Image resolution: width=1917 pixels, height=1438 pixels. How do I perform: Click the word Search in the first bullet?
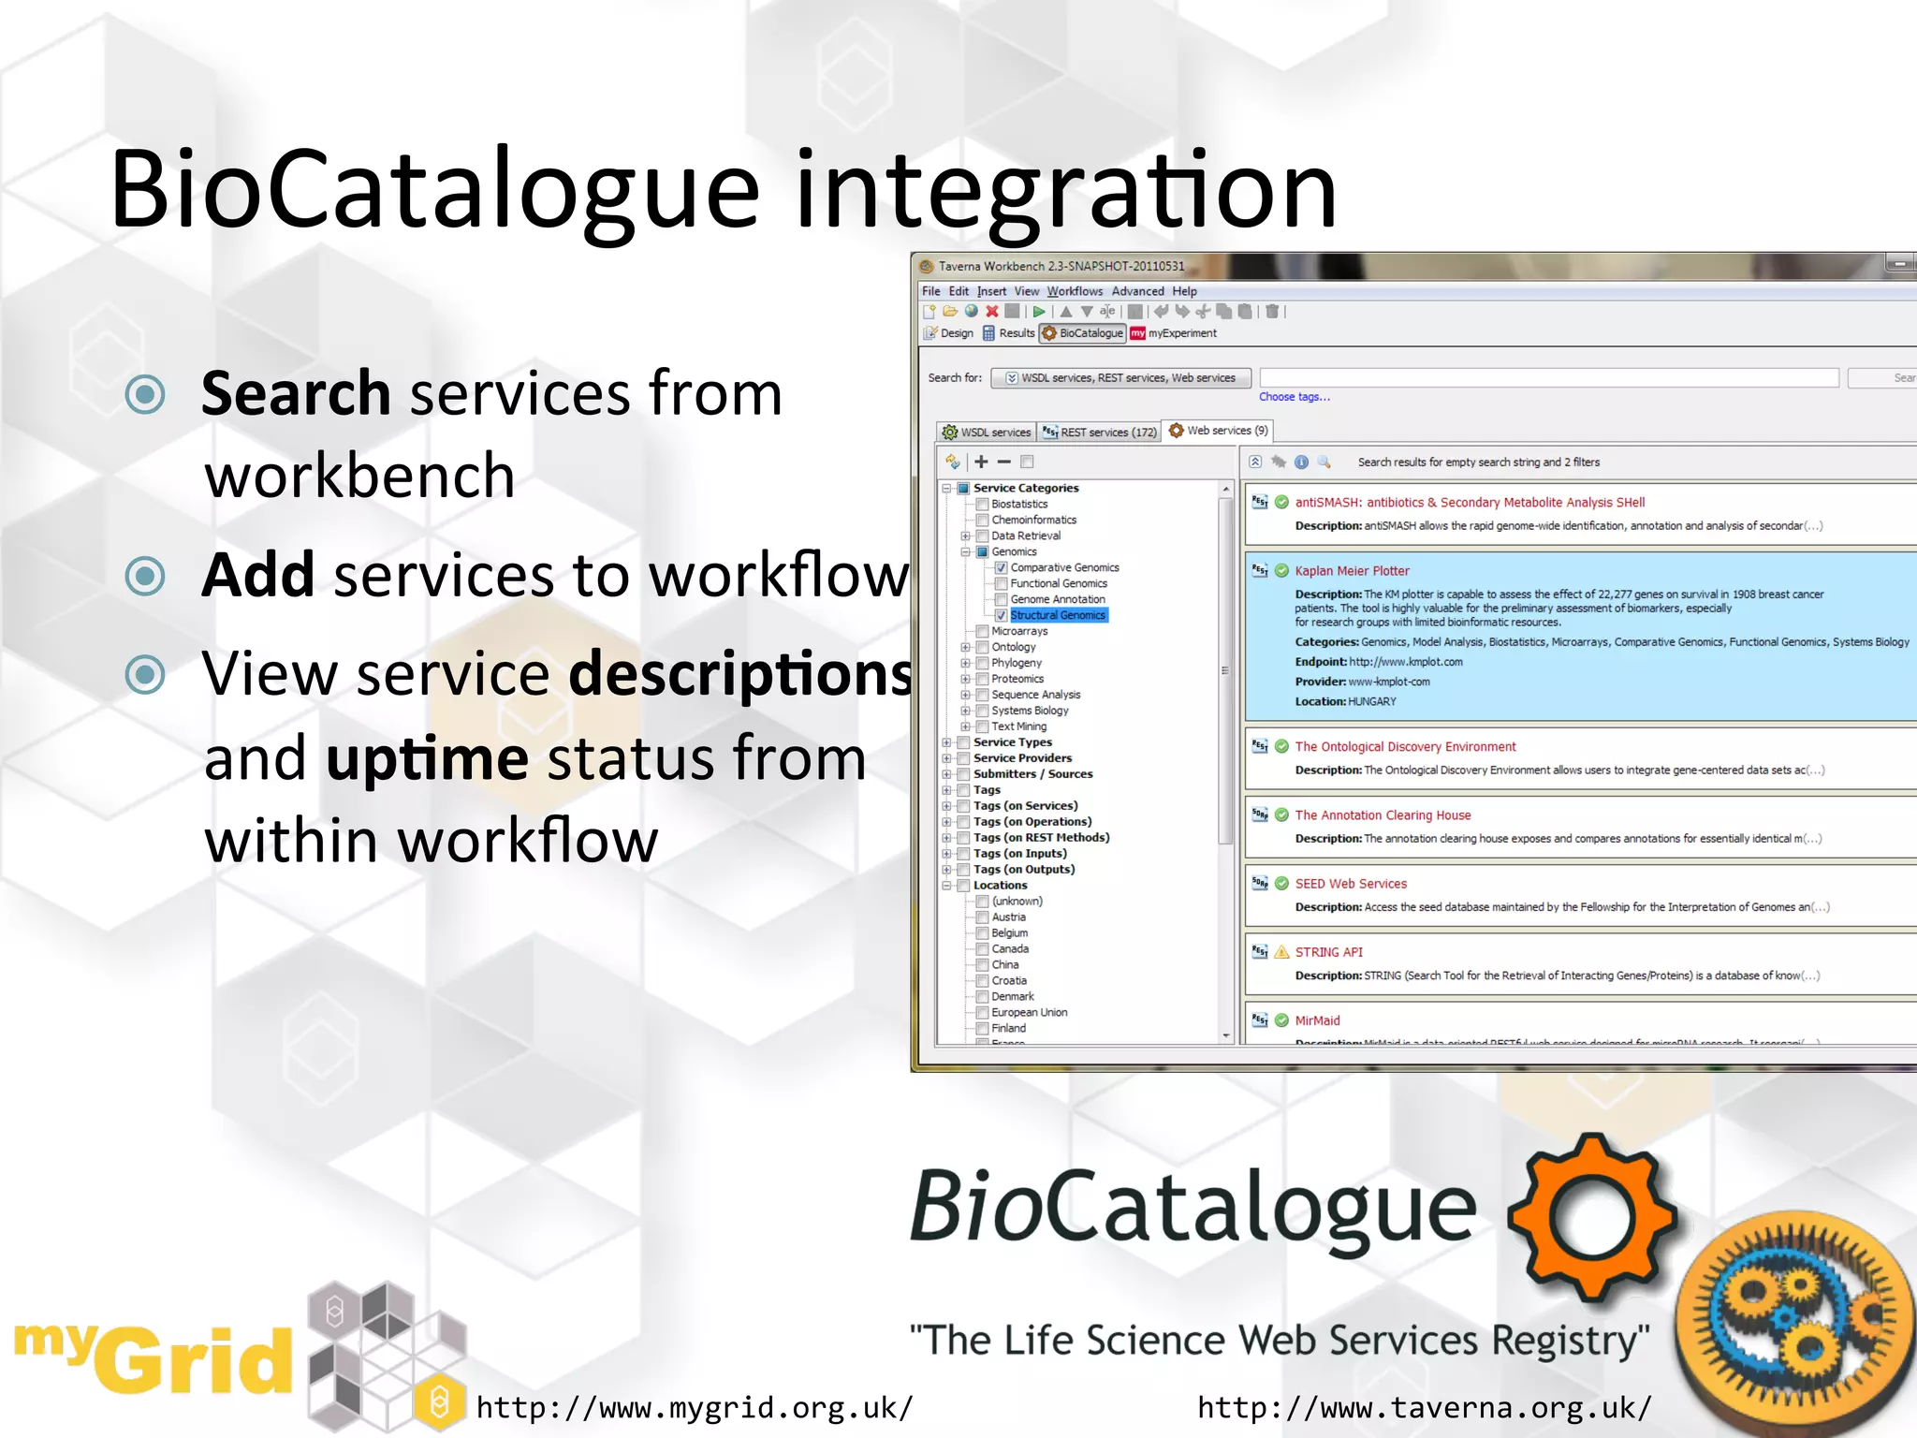pyautogui.click(x=295, y=393)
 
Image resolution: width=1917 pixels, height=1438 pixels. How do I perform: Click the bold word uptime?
pyautogui.click(x=427, y=758)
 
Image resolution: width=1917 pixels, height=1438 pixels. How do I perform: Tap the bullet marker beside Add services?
pyautogui.click(x=145, y=575)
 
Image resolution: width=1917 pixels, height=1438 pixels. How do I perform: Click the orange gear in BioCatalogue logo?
pyautogui.click(x=1591, y=1216)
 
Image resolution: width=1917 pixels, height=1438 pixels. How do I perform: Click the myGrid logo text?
pyautogui.click(x=154, y=1357)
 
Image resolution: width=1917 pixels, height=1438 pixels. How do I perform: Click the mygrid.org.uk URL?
pyautogui.click(x=694, y=1407)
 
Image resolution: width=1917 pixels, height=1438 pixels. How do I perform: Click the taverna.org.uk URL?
pyautogui.click(x=1424, y=1407)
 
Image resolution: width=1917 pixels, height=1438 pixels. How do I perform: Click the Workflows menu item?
pyautogui.click(x=1074, y=291)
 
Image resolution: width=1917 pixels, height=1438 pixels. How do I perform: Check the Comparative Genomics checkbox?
pyautogui.click(x=1001, y=567)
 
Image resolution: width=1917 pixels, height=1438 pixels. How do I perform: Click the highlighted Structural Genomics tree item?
pyautogui.click(x=1057, y=615)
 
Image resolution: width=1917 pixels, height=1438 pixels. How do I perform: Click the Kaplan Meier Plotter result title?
pyautogui.click(x=1351, y=570)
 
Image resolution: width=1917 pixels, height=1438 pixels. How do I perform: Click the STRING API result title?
pyautogui.click(x=1328, y=952)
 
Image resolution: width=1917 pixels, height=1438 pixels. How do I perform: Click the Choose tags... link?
pyautogui.click(x=1294, y=397)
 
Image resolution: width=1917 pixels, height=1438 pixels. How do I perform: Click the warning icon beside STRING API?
pyautogui.click(x=1281, y=952)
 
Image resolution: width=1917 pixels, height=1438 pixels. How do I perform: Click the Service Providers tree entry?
pyautogui.click(x=1022, y=758)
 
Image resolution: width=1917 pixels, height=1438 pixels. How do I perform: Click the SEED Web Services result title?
pyautogui.click(x=1350, y=884)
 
